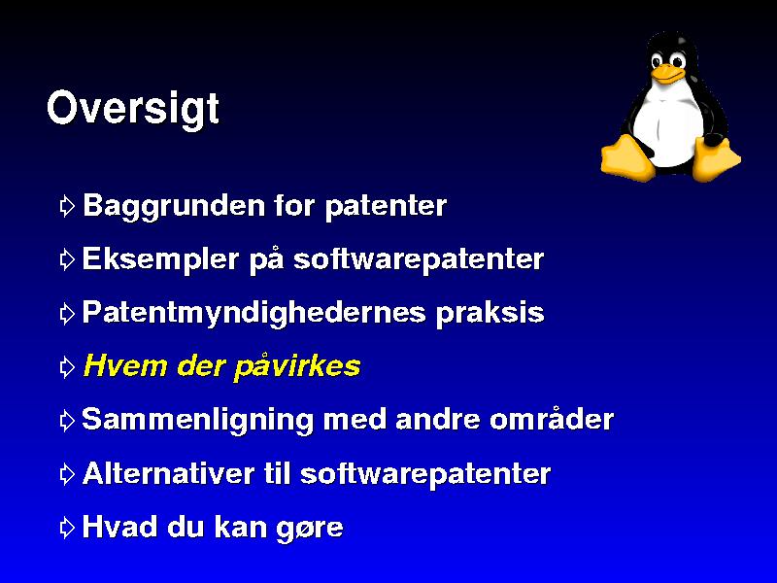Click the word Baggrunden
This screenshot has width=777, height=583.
(174, 206)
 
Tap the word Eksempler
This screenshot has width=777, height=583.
(160, 259)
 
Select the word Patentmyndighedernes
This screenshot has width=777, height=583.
(253, 313)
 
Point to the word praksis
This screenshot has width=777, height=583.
(490, 313)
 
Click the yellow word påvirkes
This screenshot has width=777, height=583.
(296, 367)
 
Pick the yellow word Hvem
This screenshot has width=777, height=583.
(125, 366)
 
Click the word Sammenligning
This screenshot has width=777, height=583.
(197, 421)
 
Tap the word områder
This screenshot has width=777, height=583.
(552, 419)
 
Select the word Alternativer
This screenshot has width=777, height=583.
(168, 473)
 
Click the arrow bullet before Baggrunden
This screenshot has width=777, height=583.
(67, 206)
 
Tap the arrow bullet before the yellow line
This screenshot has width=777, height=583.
(67, 367)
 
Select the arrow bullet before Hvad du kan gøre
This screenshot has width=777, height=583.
(67, 528)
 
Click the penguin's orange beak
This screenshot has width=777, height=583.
(667, 74)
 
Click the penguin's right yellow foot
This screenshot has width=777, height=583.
(716, 158)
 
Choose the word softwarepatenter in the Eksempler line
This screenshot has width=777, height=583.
(419, 259)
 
